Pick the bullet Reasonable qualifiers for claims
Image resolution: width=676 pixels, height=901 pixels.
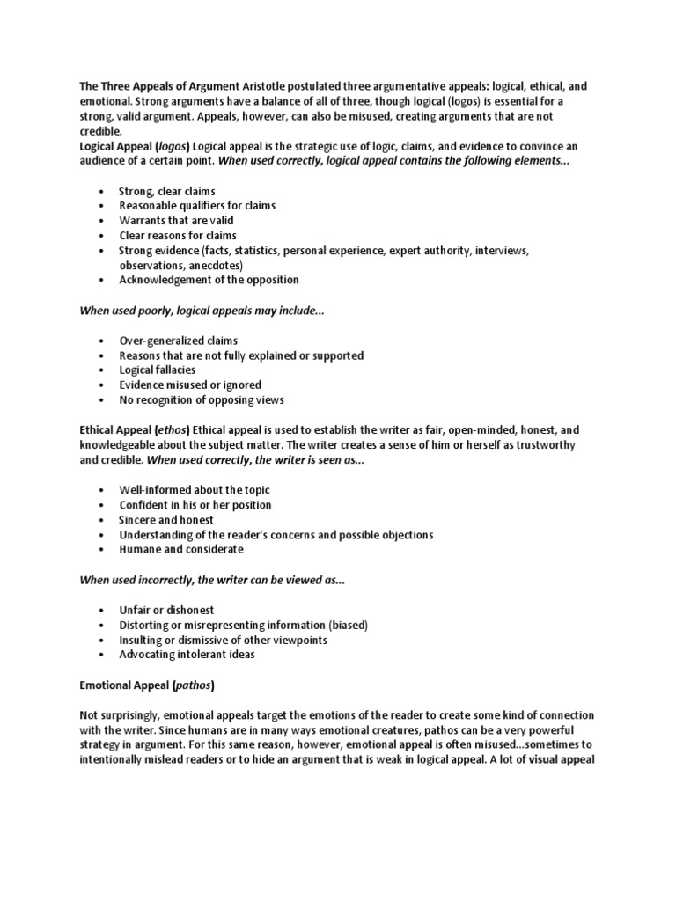197,206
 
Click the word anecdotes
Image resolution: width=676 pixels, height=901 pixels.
212,265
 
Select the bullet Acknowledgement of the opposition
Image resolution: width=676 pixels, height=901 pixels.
209,280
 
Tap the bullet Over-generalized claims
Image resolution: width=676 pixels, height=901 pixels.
179,341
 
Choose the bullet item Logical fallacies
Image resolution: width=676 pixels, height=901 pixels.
158,370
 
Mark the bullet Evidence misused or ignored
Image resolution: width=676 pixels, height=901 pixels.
190,385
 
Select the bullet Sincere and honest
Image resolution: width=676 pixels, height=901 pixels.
166,520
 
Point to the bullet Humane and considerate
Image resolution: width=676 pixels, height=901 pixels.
181,550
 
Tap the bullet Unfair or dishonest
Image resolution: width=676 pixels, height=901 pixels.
166,610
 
